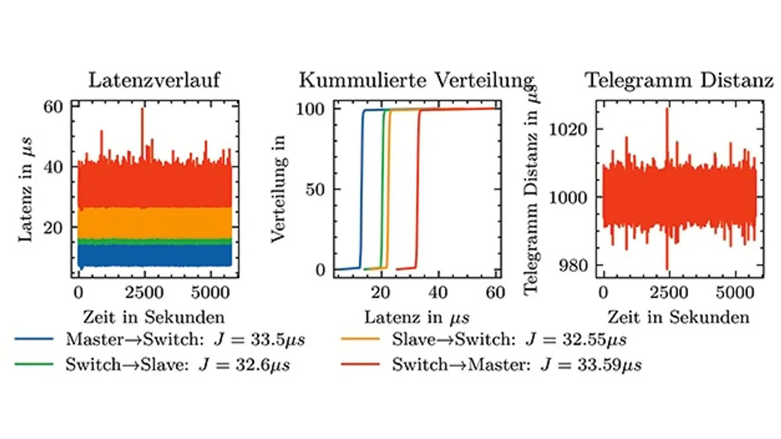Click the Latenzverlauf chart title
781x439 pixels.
coord(154,80)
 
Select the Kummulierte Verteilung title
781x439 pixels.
coord(417,80)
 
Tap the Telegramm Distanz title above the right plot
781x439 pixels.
coord(679,80)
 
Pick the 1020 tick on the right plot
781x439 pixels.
coord(569,129)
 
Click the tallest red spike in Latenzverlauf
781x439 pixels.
coord(142,110)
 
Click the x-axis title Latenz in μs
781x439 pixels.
coord(417,317)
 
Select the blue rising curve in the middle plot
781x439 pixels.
coord(362,189)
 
